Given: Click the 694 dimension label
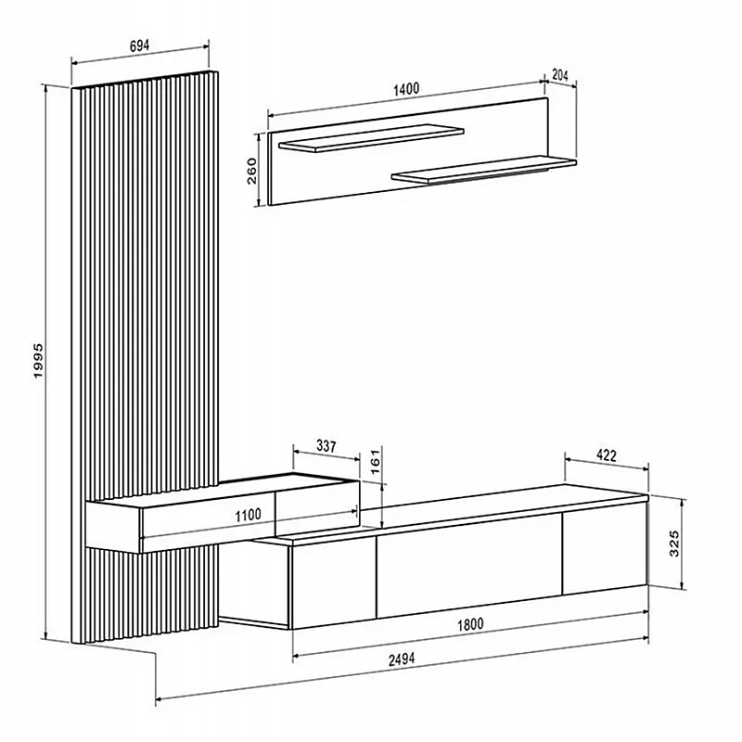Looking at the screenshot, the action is (x=139, y=45).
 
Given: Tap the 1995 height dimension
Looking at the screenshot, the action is (x=38, y=361).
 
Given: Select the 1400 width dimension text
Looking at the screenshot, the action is (x=406, y=89).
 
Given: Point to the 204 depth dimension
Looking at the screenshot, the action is (x=560, y=75).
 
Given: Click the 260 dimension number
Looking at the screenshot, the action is (x=251, y=171).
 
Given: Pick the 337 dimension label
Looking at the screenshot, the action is (x=326, y=446).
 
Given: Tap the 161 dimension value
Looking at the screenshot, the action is (x=375, y=462).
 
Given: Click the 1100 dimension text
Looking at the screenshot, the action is (x=248, y=515).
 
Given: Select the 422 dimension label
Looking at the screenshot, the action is (x=607, y=455).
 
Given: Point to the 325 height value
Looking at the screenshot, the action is (x=674, y=543).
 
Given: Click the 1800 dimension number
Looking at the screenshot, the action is (x=470, y=624).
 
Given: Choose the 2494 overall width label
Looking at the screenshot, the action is (x=402, y=659).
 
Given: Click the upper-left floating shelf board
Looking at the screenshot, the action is (x=372, y=138).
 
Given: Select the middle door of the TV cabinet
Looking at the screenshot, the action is (x=469, y=566).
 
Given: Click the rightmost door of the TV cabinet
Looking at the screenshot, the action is (x=605, y=548).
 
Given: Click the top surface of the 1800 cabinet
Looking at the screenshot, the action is (x=451, y=514).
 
